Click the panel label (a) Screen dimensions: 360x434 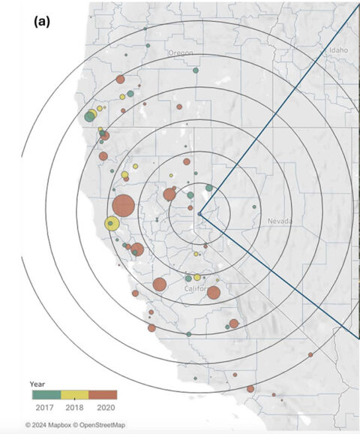pos(41,21)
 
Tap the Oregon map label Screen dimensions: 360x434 pos(180,53)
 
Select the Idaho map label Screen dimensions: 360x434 pos(340,50)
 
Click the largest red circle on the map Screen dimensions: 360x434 pos(123,205)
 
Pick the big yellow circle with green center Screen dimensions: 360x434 pos(112,223)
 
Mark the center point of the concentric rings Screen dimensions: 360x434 pos(199,215)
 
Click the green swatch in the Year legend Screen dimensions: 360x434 pos(46,393)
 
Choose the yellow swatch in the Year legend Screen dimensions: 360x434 pos(74,393)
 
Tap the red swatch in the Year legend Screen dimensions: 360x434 pos(103,393)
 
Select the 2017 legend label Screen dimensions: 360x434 pos(46,406)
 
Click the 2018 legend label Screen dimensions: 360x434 pos(74,406)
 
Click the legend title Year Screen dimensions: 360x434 pos(37,382)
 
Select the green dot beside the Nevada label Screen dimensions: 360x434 pos(254,206)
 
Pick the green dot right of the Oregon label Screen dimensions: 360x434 pos(196,71)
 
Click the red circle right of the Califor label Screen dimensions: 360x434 pos(213,293)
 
